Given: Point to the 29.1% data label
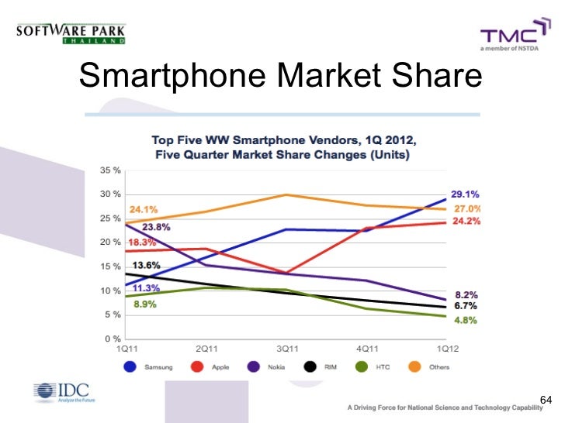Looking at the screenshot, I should coord(465,194).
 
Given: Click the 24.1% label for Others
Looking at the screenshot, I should coord(144,208).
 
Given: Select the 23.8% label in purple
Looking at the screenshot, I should coord(156,227).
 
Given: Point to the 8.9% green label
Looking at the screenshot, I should coord(144,304).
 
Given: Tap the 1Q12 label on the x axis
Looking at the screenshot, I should coord(445,349).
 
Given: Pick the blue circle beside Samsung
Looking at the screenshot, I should coord(129,366).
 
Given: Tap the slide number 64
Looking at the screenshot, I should coord(544,400).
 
